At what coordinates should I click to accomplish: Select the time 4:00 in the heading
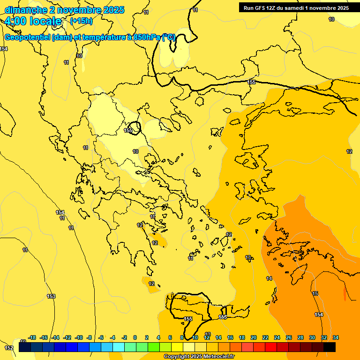coord(15,21)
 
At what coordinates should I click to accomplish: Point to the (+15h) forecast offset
coord(81,21)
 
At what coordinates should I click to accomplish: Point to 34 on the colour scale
coord(336,337)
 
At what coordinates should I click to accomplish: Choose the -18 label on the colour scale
coord(32,337)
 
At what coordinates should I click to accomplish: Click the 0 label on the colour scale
coord(135,337)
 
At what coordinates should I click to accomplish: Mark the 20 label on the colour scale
coord(254,337)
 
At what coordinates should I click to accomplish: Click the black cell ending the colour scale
coord(330,347)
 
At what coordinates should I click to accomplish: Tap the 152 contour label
coord(9,348)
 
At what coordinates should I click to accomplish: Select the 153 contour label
coord(51,296)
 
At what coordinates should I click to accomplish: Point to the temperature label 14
coord(269,278)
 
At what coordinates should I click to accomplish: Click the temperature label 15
coord(315,293)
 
